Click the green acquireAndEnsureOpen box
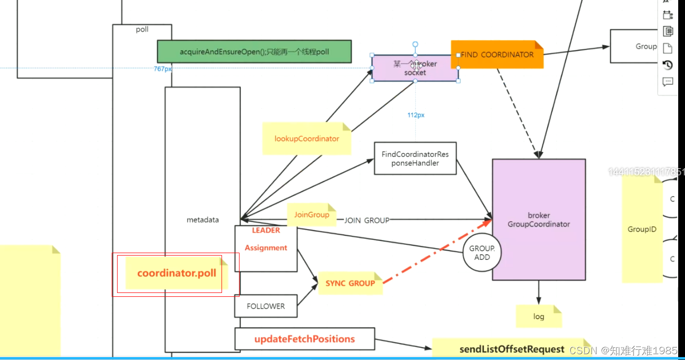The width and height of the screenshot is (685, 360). [x=254, y=51]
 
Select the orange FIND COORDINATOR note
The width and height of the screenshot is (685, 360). [x=497, y=54]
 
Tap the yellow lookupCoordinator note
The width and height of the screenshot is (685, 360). [x=306, y=138]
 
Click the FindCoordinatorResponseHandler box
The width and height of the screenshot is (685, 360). [x=415, y=158]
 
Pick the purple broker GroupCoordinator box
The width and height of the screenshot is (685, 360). [x=538, y=220]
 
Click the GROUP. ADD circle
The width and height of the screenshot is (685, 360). [x=481, y=253]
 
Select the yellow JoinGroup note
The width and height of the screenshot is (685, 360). [x=311, y=215]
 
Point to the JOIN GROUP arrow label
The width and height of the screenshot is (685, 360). [x=367, y=220]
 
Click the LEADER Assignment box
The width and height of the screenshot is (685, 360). [x=266, y=248]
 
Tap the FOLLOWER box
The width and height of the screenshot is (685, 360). [x=265, y=306]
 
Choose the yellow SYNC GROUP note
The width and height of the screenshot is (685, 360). [x=350, y=283]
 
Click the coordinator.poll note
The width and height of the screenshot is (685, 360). [x=176, y=274]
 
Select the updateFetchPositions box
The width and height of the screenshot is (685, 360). [x=305, y=339]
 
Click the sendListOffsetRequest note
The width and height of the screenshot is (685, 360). [x=512, y=349]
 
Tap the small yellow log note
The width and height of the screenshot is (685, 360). [x=538, y=316]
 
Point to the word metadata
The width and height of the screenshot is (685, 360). [x=203, y=220]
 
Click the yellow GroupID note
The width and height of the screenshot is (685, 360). [x=641, y=229]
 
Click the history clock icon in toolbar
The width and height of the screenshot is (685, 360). [x=668, y=65]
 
